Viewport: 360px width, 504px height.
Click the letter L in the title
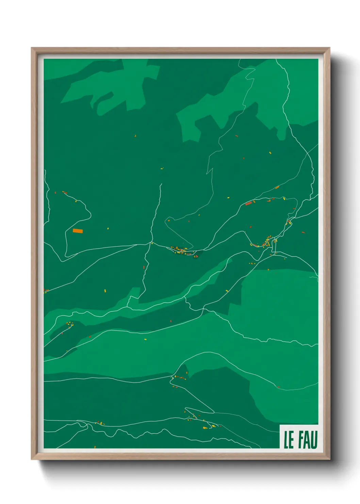(286, 440)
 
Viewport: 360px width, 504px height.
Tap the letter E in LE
(291, 440)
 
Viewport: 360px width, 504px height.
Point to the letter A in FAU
(308, 440)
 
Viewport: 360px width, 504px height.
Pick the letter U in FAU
(314, 440)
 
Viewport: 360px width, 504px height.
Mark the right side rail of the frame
(327, 254)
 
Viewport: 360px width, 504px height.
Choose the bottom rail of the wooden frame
(180, 456)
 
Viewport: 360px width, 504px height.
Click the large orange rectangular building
(78, 231)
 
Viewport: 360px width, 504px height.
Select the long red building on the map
(248, 204)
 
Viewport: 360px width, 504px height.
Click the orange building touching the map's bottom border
(95, 446)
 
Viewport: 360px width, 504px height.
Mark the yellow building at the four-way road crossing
(152, 243)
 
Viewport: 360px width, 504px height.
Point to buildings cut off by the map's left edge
(45, 291)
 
